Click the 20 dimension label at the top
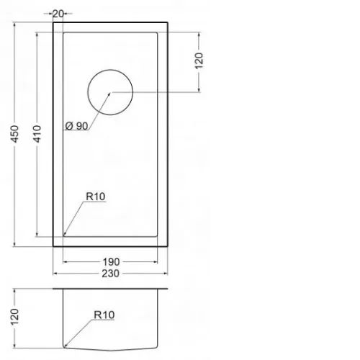58,14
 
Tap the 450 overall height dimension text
15,134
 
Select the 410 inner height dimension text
37,134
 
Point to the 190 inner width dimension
111,262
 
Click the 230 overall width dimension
110,274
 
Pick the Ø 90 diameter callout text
76,126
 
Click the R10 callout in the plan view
96,197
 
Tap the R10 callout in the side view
104,315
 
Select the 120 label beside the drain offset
199,60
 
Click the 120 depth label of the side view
14,317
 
